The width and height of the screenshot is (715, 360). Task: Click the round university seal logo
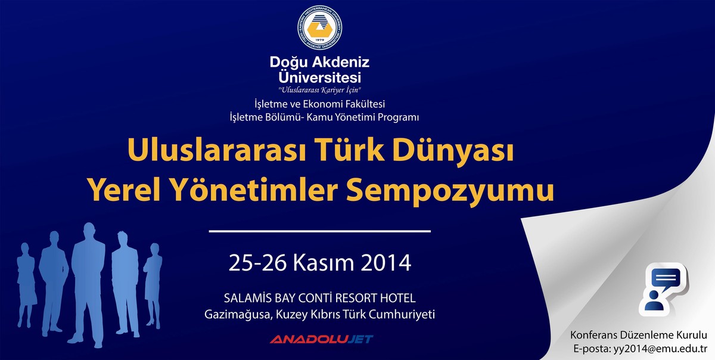pyautogui.click(x=319, y=27)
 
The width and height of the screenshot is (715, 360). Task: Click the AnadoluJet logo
pyautogui.click(x=321, y=339)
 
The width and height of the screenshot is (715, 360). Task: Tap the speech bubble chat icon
pyautogui.click(x=663, y=290)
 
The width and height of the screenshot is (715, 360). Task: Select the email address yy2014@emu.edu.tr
pyautogui.click(x=660, y=349)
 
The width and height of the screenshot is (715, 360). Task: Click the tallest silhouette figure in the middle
pyautogui.click(x=88, y=284)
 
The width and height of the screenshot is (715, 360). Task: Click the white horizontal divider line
pyautogui.click(x=320, y=231)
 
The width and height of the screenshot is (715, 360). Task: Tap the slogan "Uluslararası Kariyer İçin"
pyautogui.click(x=319, y=90)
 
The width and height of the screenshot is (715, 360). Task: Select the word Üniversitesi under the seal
pyautogui.click(x=319, y=77)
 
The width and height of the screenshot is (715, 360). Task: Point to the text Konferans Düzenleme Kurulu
pyautogui.click(x=639, y=335)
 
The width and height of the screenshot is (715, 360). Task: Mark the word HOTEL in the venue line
pyautogui.click(x=398, y=298)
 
